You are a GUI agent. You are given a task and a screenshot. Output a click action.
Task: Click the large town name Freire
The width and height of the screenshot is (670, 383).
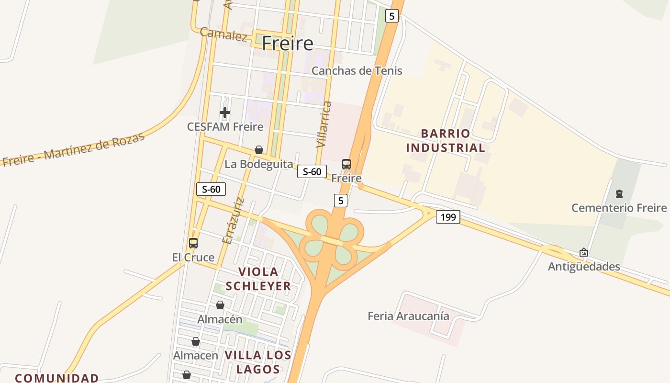[x=287, y=44]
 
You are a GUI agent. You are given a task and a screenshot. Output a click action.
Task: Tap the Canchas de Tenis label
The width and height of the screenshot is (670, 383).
[x=357, y=71]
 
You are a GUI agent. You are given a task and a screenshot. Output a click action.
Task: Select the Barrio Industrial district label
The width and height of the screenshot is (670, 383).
[x=445, y=140]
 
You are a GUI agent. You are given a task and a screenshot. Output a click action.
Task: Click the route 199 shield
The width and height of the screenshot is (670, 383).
[x=447, y=217]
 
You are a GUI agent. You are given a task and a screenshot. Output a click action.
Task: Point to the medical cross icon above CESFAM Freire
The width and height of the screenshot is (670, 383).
[x=225, y=113]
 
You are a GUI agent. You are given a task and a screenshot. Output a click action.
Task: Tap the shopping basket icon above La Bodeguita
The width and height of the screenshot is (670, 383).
[x=259, y=150]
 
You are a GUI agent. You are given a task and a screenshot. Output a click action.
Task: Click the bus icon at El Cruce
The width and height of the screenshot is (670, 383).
[x=193, y=243]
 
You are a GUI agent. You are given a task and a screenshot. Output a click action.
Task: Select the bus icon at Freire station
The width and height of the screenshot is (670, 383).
[x=346, y=164]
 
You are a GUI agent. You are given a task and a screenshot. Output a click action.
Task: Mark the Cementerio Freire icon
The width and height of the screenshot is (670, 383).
[x=619, y=194]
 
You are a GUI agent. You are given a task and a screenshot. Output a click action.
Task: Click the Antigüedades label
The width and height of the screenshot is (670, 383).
[x=584, y=267]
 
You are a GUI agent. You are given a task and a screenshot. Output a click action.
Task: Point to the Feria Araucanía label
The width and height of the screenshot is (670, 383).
[x=408, y=316]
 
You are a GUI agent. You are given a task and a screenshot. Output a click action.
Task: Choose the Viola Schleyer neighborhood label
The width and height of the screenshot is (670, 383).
[x=258, y=279]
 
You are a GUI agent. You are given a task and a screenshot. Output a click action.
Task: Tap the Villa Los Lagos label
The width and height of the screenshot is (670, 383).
[x=258, y=362]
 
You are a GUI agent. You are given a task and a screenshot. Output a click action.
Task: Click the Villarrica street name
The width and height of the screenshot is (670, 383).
[x=324, y=124]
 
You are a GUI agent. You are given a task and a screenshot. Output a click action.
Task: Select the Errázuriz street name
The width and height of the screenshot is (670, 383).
[x=234, y=221]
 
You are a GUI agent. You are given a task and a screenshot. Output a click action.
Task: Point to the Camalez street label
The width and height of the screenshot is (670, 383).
[x=223, y=34]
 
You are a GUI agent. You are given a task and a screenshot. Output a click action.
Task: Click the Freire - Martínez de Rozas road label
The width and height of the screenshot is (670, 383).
[x=73, y=150]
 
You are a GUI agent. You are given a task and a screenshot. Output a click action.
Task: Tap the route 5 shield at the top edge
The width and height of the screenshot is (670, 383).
[x=392, y=16]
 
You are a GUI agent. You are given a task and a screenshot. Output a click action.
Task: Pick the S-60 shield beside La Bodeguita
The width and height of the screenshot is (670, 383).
[x=312, y=171]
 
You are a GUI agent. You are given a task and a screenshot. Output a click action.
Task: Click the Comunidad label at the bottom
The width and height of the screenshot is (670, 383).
[x=56, y=378]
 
